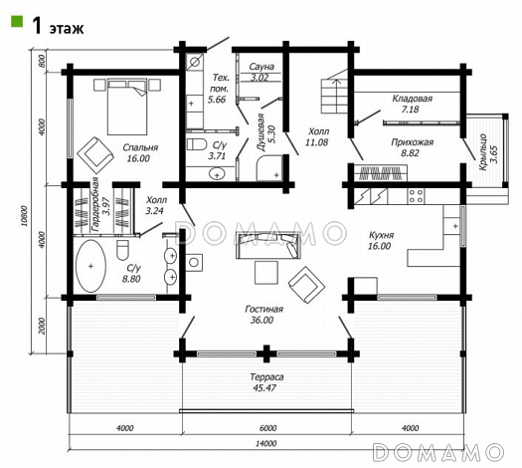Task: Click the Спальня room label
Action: coord(140,147)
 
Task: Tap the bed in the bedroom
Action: coord(127,107)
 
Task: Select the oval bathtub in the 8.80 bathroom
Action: coord(90,266)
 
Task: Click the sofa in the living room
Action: coord(268,245)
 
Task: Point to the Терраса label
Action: coord(267,377)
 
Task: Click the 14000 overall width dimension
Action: coord(266,444)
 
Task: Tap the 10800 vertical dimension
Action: coord(24,216)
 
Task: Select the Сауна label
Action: coord(261,67)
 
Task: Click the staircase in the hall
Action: coord(334,96)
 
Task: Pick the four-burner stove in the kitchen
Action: coord(416,196)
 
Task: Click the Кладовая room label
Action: coord(413,99)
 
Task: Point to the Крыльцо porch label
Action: coord(483,152)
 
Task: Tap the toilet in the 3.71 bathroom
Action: coord(197,144)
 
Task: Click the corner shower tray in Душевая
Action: coord(269,168)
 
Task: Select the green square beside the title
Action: coord(17,21)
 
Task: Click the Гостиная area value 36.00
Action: coord(261,321)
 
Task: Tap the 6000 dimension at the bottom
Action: coord(267,428)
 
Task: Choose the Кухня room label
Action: coord(381,235)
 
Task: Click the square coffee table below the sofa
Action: coord(266,272)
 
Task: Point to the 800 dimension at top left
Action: coord(42,61)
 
